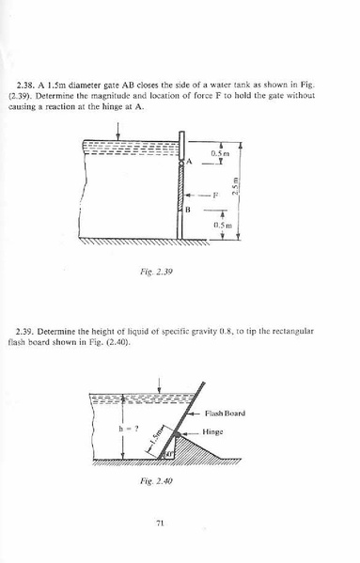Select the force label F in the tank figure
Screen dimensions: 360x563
click(215, 194)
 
